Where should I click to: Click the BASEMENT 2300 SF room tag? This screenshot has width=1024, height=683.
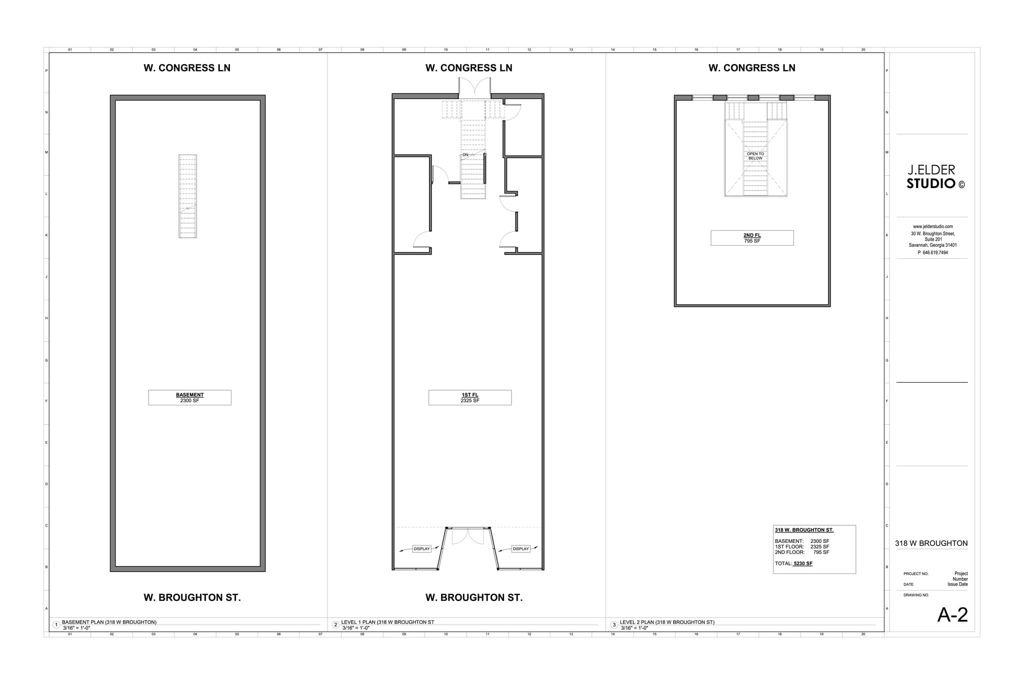point(189,397)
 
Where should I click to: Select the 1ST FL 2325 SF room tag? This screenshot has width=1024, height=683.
point(469,397)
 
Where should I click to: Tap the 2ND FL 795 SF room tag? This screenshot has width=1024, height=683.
point(751,238)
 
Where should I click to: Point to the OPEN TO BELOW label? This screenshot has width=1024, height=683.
point(755,156)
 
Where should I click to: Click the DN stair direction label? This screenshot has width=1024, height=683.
point(465,155)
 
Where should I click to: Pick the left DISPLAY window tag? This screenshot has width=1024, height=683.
point(421,549)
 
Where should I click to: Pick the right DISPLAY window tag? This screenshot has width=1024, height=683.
point(520,549)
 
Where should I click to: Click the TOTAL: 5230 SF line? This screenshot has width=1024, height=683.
point(793,563)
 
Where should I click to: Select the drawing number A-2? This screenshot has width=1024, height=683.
point(952,615)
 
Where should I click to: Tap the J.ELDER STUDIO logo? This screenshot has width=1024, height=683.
point(932,177)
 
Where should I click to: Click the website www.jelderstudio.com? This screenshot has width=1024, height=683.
point(932,227)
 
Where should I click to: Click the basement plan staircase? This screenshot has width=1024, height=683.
point(187,196)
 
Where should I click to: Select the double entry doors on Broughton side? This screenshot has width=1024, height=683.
point(468,536)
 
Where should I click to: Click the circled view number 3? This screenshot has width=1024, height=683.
point(614,625)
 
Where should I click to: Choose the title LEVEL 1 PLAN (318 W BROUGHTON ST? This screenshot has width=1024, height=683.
point(387,622)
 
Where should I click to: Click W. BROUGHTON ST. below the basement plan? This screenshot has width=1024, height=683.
point(192,597)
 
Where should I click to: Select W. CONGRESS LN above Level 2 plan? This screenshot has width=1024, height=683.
point(751,68)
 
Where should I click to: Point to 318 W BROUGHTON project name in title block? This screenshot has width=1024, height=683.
point(931,543)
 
